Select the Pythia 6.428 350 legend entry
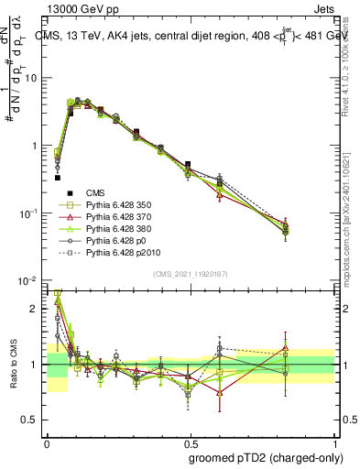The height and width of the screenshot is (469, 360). (115, 206)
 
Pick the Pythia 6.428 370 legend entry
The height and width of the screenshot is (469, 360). (115, 221)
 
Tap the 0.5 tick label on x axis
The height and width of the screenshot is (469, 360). (189, 441)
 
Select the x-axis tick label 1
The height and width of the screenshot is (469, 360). (331, 441)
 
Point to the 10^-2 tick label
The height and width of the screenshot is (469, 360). (27, 280)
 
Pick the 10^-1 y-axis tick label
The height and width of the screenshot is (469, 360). (27, 213)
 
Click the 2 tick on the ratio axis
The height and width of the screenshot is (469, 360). (34, 309)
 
